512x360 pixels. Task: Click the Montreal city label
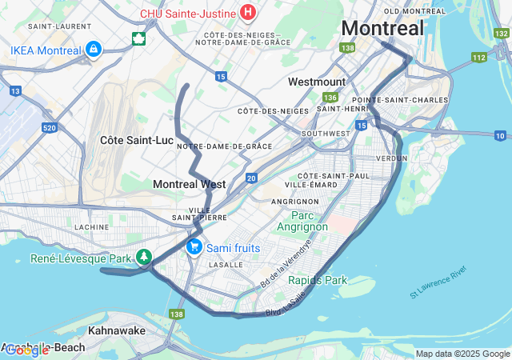tap(382, 28)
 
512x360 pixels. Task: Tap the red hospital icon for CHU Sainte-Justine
tap(248, 13)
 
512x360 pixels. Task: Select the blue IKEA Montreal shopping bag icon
tap(94, 50)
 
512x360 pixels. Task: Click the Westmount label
tap(316, 82)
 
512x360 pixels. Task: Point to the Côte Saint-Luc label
tap(137, 140)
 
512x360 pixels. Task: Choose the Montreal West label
tap(189, 184)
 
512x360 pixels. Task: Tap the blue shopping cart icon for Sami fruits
tap(194, 247)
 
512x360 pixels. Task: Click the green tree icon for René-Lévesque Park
tap(144, 258)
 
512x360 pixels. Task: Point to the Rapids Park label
tap(318, 280)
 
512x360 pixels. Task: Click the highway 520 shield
tap(49, 127)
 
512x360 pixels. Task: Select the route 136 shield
tap(330, 97)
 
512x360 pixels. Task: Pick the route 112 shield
tap(479, 57)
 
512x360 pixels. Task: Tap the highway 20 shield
tap(251, 178)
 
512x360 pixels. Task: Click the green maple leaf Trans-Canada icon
tap(138, 38)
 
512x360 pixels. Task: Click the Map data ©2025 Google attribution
tap(462, 354)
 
